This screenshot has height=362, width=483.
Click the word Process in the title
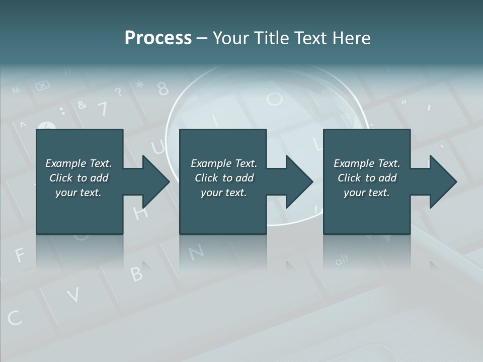pos(158,38)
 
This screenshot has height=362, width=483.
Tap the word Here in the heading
pos(352,38)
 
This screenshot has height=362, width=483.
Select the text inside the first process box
pos(78,178)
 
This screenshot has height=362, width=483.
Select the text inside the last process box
pos(367,178)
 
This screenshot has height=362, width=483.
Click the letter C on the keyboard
pos(15,318)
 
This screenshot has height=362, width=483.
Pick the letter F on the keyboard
pos(20,255)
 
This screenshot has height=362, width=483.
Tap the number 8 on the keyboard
pos(163,89)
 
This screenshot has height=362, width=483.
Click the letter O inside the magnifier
pos(275,99)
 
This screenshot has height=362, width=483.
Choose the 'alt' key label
pos(342,260)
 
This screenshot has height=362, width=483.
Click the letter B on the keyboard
pos(136,273)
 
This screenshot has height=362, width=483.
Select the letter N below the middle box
pos(197,251)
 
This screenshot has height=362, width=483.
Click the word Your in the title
pos(231,38)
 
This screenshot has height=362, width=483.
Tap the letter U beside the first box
pos(158,147)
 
